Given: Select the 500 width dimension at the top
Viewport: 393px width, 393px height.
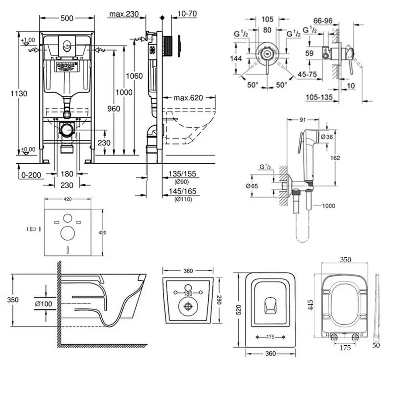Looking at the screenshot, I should (x=66, y=17).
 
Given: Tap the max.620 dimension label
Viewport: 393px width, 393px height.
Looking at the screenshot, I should (x=187, y=98).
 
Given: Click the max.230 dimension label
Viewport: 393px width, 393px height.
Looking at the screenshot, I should (x=124, y=14).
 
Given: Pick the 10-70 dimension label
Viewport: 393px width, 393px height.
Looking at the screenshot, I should (x=187, y=14).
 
